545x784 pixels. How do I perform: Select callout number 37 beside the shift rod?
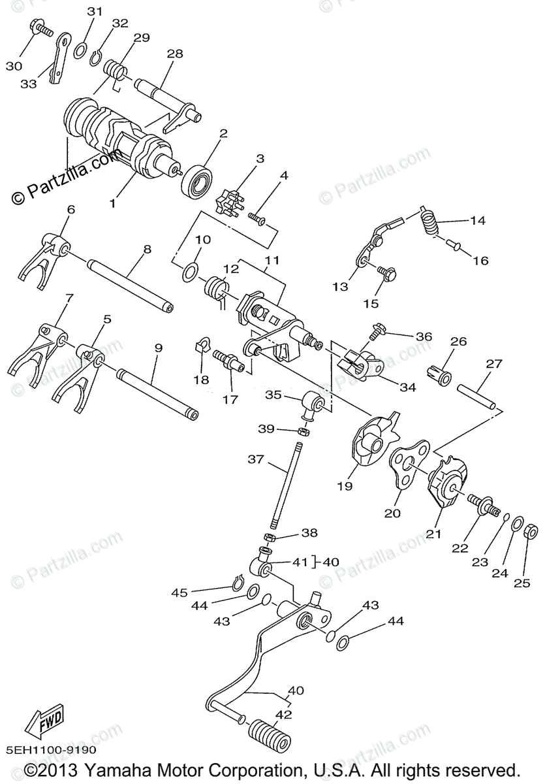(x=256, y=460)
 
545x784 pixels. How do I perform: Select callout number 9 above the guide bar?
(x=158, y=349)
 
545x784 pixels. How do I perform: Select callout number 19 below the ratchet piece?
(x=344, y=486)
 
